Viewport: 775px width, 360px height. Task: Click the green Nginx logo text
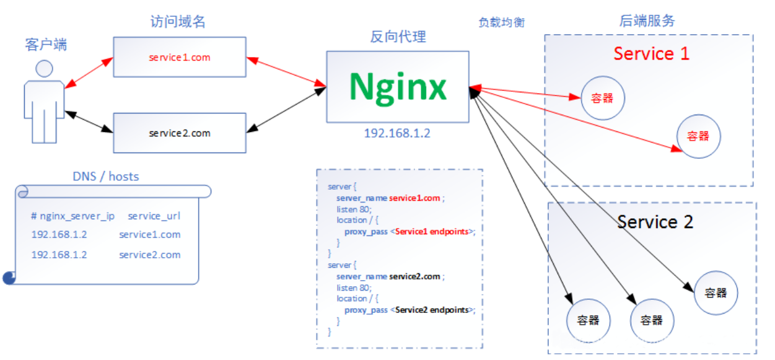click(x=397, y=87)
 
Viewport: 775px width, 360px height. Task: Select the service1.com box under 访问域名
click(x=180, y=58)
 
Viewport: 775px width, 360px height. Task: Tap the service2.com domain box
click(x=180, y=133)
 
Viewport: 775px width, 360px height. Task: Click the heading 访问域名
click(x=178, y=22)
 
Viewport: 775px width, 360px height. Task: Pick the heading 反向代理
click(x=398, y=37)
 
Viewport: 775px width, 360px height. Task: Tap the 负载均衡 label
click(x=501, y=22)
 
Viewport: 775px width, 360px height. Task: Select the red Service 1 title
click(x=651, y=54)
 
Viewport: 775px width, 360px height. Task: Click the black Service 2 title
click(x=655, y=221)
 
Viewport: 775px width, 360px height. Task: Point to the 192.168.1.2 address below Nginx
click(x=397, y=133)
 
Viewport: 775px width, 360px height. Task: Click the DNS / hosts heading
click(x=106, y=176)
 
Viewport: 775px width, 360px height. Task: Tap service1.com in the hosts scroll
click(x=150, y=235)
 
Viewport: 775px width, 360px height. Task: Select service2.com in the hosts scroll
click(x=150, y=255)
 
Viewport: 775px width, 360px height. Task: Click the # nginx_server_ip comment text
click(x=72, y=216)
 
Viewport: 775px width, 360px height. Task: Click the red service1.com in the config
click(x=414, y=198)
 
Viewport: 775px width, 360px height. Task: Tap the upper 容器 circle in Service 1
click(x=602, y=98)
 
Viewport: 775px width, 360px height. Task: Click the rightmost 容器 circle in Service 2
click(x=716, y=292)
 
